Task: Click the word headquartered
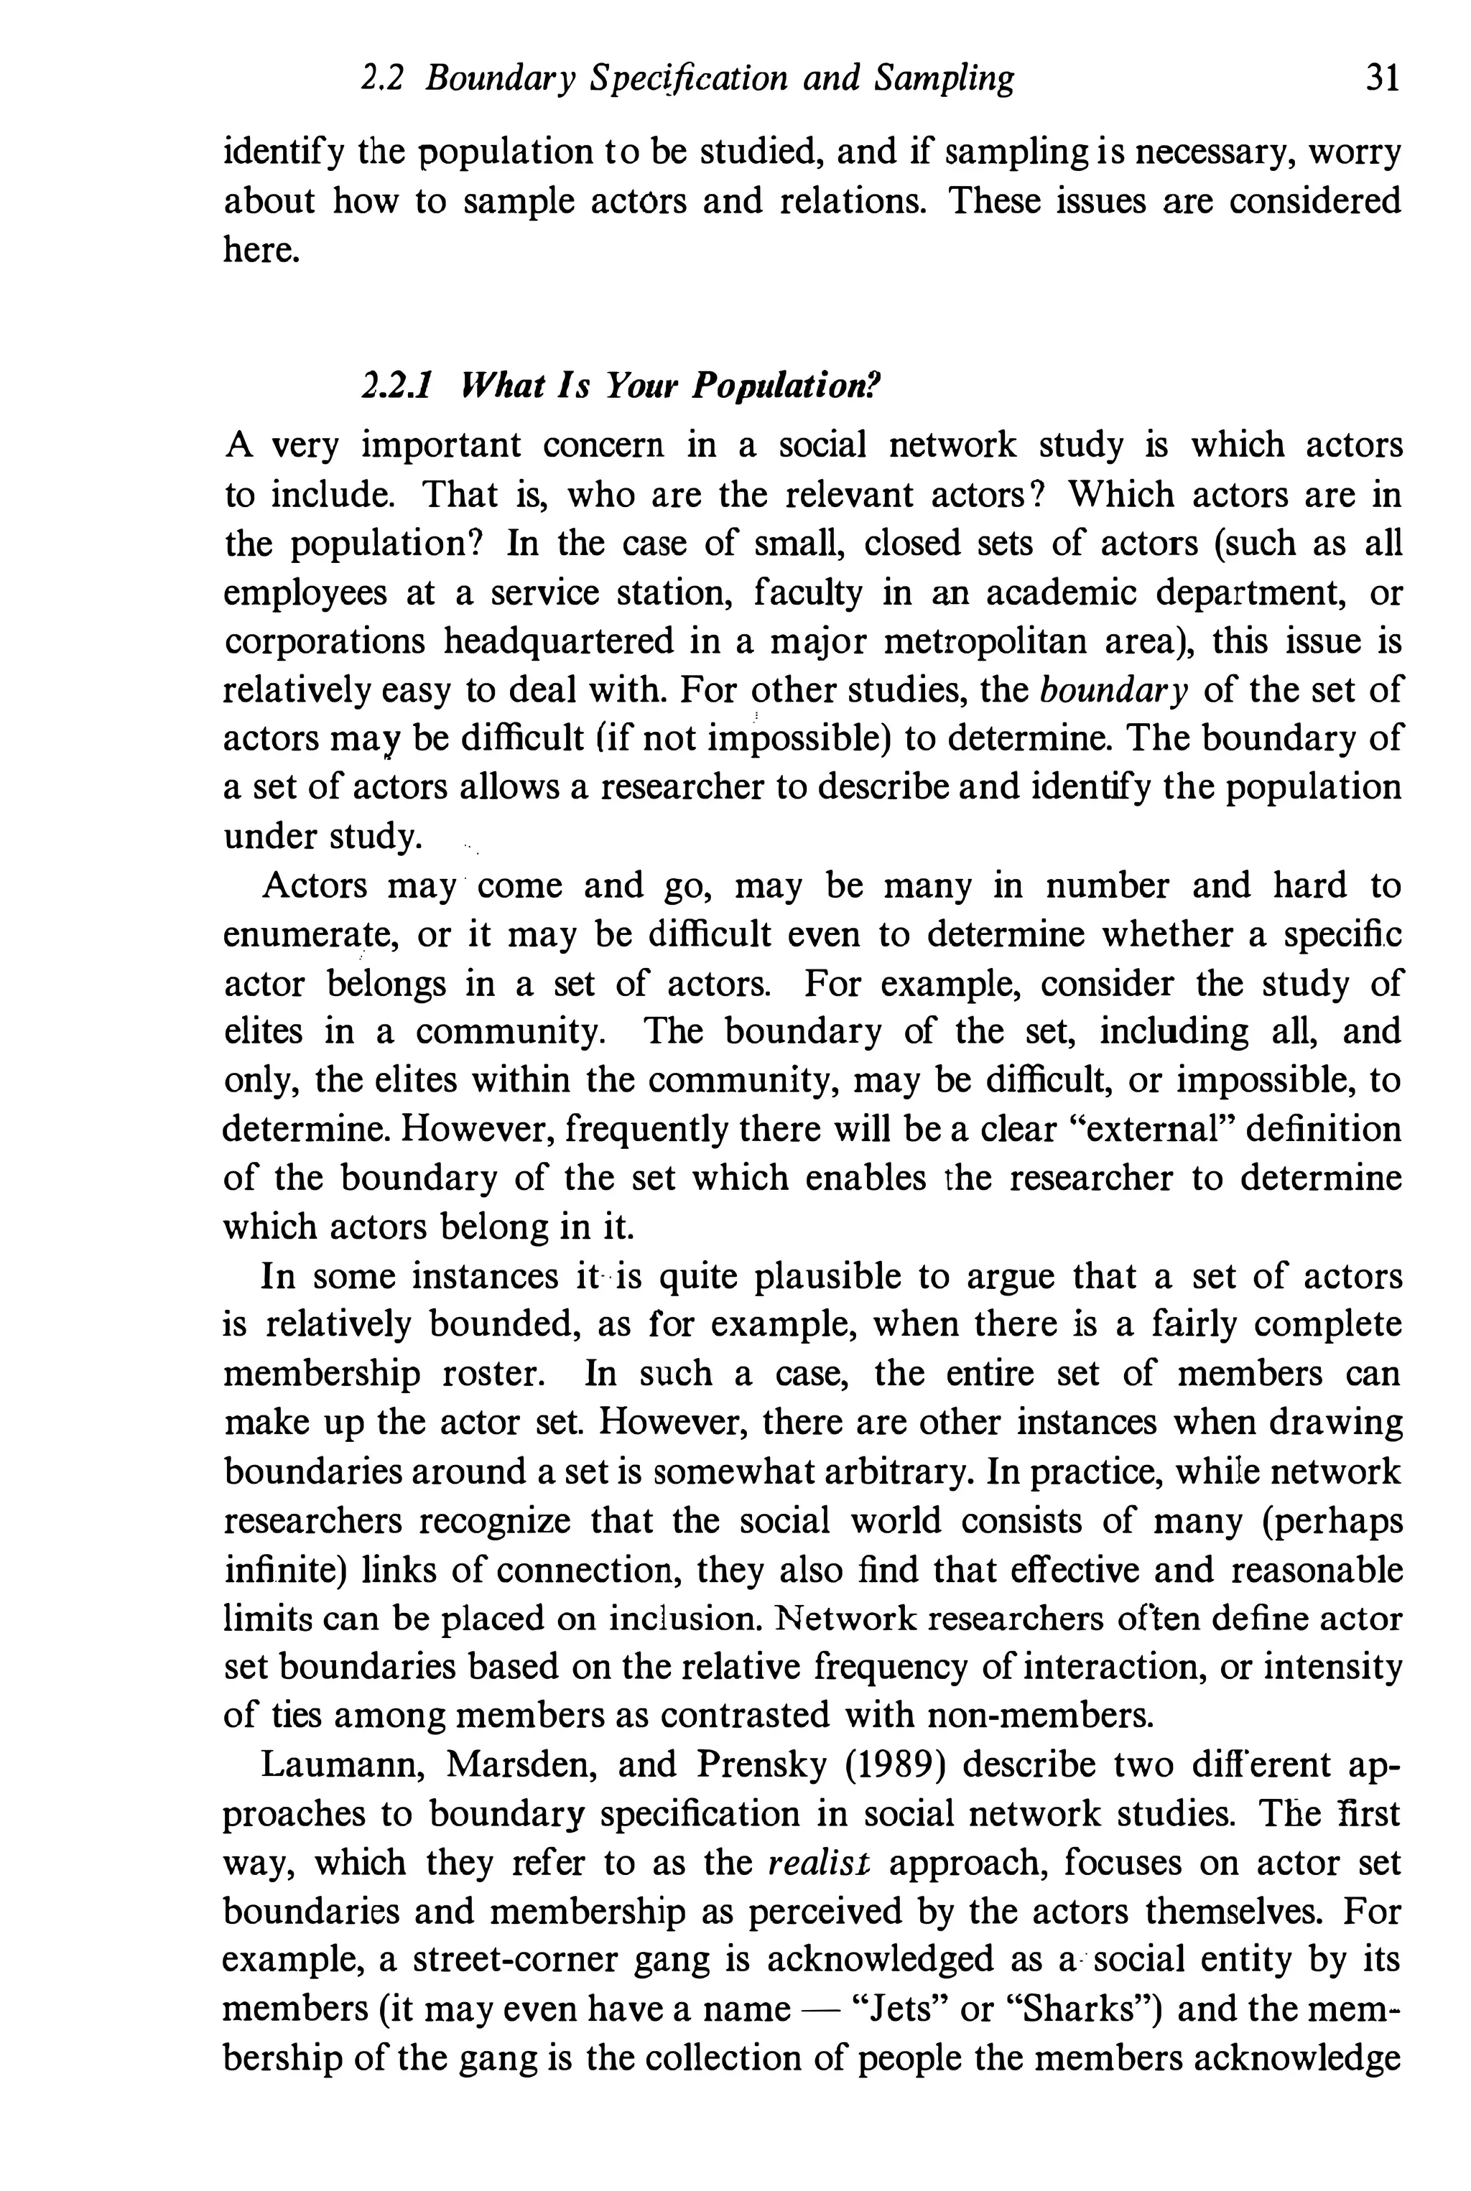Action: tap(558, 641)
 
